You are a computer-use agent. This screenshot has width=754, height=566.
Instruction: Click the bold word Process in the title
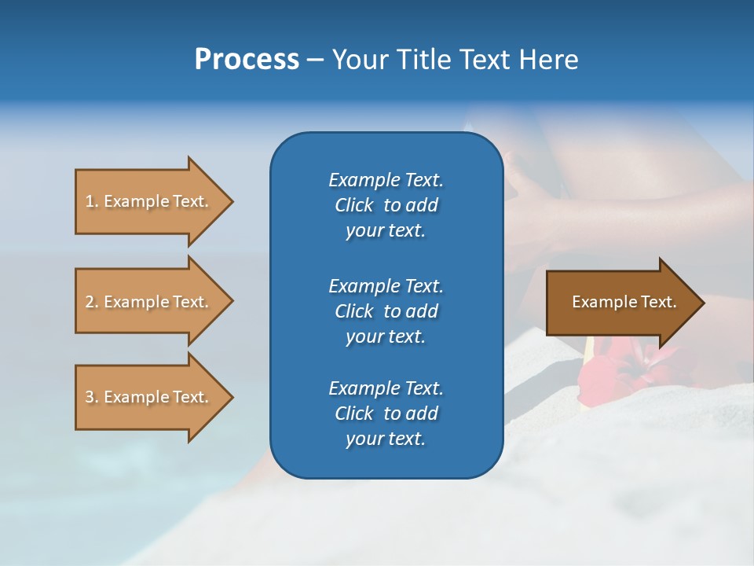[247, 60]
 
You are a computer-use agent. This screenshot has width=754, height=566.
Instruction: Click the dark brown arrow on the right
[620, 302]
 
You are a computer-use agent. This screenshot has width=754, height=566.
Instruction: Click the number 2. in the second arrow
[91, 302]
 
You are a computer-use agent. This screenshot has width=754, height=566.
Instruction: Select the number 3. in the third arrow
[91, 397]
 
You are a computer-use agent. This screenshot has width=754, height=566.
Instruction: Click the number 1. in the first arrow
[91, 201]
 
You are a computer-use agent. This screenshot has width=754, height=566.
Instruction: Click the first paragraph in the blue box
[386, 205]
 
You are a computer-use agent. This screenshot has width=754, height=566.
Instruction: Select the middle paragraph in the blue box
[386, 311]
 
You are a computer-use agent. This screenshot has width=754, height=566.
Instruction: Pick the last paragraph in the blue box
[386, 413]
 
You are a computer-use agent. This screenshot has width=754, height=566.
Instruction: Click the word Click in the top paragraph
[354, 205]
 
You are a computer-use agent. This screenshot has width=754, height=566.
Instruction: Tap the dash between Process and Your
[315, 60]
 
